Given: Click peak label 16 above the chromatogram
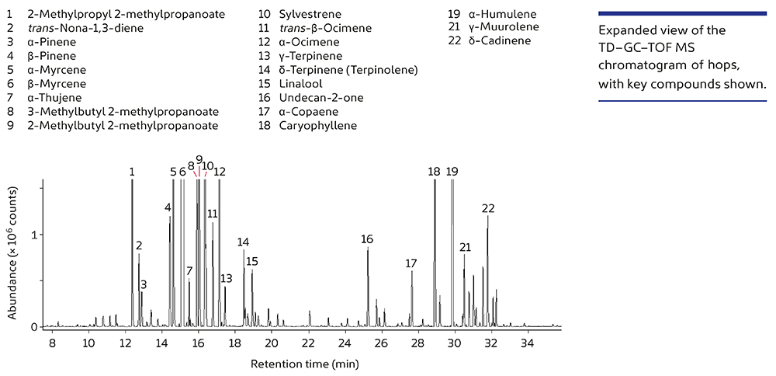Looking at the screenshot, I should [x=367, y=239].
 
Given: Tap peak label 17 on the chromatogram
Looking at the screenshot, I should [x=411, y=264].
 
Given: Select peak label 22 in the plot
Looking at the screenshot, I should [x=488, y=208].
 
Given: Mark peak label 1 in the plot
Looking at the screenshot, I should [x=132, y=172].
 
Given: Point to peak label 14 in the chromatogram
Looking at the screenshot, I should [x=244, y=242].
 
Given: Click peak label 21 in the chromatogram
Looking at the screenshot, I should [x=466, y=248].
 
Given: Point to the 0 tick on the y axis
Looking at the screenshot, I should [x=34, y=327].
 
